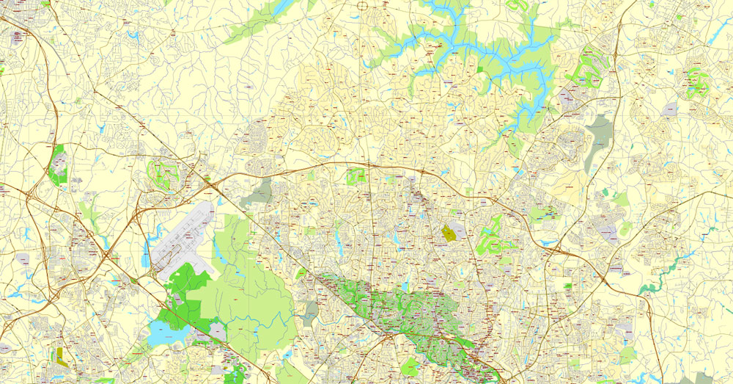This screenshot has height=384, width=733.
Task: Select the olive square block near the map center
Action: (449, 234)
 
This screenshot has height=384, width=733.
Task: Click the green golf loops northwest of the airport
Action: (164, 175)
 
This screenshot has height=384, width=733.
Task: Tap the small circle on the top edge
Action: (361, 6)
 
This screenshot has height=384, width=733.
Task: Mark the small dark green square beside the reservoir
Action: (481, 69)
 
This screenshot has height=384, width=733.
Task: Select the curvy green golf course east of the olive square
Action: (493, 236)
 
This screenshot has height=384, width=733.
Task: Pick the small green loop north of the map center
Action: (356, 175)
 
